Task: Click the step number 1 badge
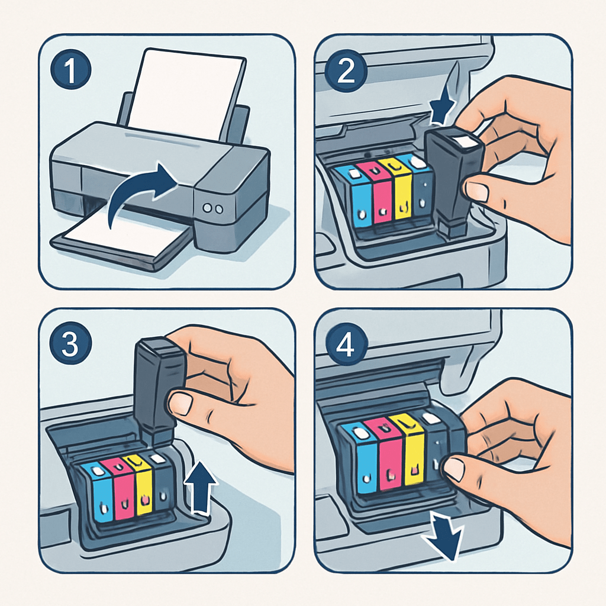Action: [x=71, y=70]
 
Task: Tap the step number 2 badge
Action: [x=346, y=70]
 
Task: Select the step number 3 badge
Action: [x=70, y=343]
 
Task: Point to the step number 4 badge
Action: [x=346, y=344]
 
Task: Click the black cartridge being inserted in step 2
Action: [x=453, y=182]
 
